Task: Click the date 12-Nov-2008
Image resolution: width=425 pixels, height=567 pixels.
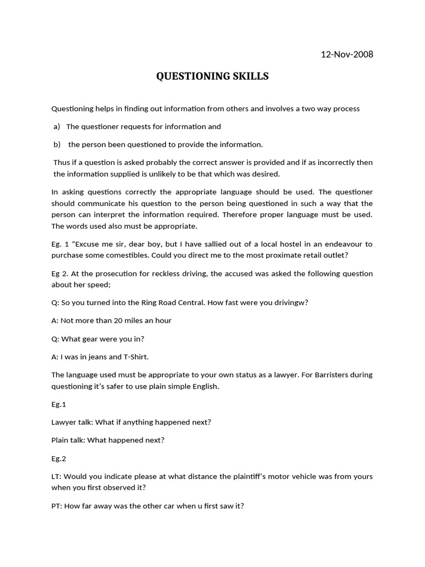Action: [x=347, y=54]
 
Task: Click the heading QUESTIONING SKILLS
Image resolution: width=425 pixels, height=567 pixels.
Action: [x=212, y=76]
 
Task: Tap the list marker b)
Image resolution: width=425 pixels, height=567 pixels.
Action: [x=56, y=145]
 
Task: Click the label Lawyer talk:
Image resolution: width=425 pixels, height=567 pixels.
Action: [x=72, y=422]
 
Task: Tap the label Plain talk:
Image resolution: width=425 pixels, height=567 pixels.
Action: [x=69, y=440]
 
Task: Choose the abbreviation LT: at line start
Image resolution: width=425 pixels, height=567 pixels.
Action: [x=56, y=477]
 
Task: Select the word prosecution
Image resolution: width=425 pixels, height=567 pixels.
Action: [x=111, y=274]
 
